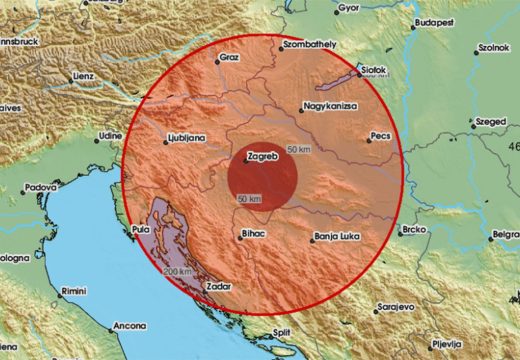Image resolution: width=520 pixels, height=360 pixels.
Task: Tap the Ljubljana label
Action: point(186,140)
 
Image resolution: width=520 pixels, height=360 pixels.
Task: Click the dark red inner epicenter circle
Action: point(263,178)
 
